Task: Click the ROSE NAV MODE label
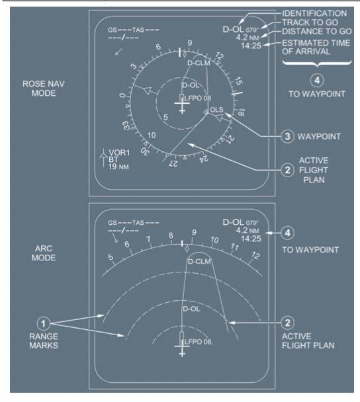(x=44, y=89)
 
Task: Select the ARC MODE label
(x=44, y=253)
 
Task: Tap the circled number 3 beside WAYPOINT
(x=287, y=136)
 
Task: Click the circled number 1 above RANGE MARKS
(x=44, y=323)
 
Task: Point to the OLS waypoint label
(x=216, y=110)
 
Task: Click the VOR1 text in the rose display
(x=119, y=153)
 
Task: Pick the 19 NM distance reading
(x=118, y=167)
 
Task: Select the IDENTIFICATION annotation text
(x=314, y=13)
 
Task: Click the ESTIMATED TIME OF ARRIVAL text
(x=316, y=47)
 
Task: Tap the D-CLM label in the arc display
(x=199, y=262)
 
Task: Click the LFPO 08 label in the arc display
(x=198, y=342)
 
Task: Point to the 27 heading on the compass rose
(x=173, y=163)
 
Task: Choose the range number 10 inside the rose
(x=152, y=135)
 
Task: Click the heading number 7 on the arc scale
(x=148, y=239)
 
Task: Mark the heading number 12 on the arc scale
(x=255, y=256)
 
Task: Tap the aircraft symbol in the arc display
(x=182, y=344)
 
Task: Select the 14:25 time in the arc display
(x=251, y=239)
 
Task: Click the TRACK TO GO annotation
(x=310, y=22)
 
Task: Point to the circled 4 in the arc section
(x=287, y=233)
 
